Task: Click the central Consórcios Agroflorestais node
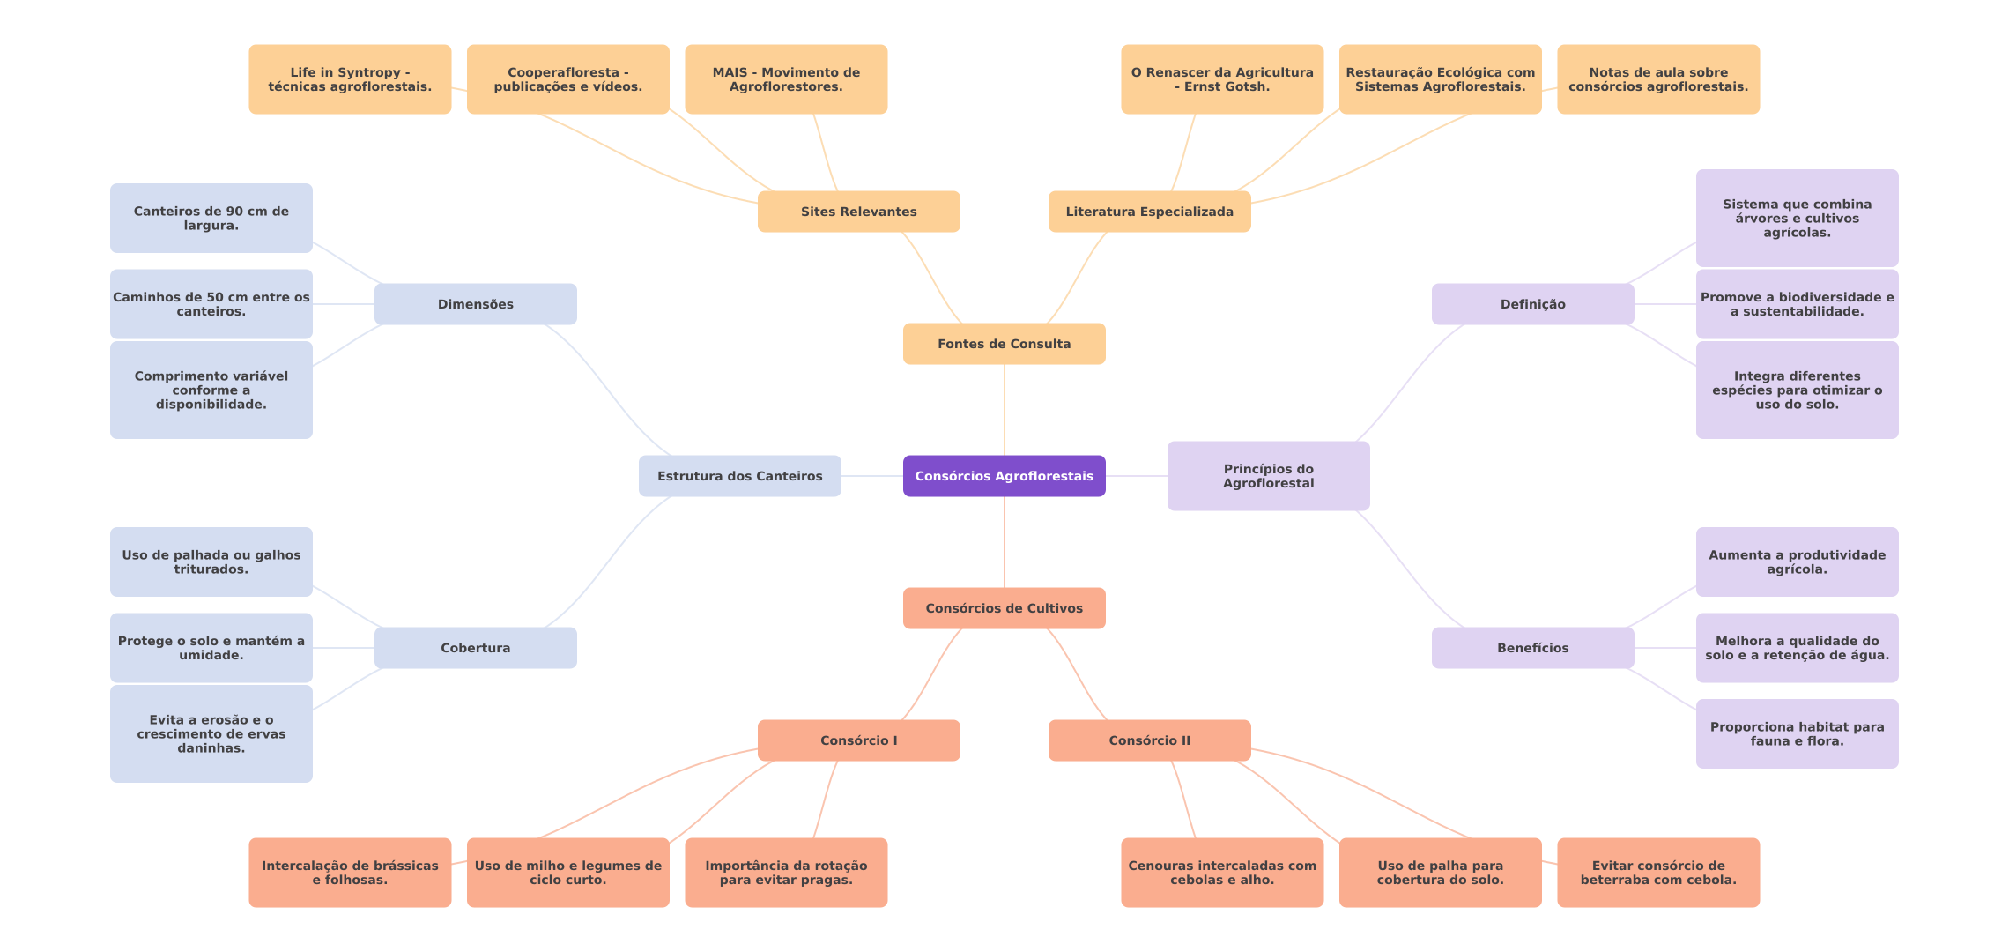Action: tap(1004, 476)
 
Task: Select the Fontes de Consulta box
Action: tap(1004, 344)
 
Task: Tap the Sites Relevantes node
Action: tap(858, 212)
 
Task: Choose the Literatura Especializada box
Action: tap(1149, 212)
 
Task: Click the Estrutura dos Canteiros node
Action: tap(739, 476)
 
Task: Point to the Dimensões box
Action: tap(475, 304)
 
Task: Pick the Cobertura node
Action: tap(475, 648)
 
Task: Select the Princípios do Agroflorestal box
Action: tap(1268, 476)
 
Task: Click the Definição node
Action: tap(1532, 304)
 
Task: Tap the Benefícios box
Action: tap(1532, 648)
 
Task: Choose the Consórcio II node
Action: tap(1149, 740)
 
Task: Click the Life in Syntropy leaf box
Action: tap(350, 79)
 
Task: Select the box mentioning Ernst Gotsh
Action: tap(1222, 79)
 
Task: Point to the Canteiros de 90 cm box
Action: tap(211, 219)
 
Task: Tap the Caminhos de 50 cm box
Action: tap(211, 304)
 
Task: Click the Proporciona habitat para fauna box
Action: tap(1797, 733)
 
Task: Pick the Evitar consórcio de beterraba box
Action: tap(1658, 873)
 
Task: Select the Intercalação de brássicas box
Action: tap(350, 873)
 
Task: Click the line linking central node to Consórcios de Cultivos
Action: tap(1004, 542)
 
